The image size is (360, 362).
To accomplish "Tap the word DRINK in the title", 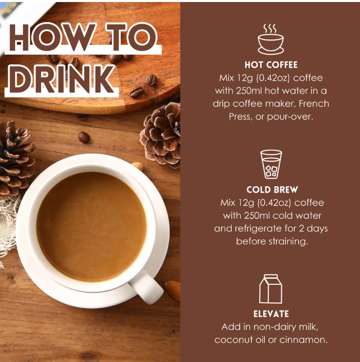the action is pyautogui.click(x=62, y=79).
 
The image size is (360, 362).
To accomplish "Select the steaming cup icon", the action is pyautogui.click(x=271, y=39).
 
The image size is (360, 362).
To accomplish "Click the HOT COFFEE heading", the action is pyautogui.click(x=271, y=65).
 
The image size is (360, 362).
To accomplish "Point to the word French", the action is pyautogui.click(x=314, y=103).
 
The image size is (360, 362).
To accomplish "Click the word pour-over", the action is pyautogui.click(x=290, y=117).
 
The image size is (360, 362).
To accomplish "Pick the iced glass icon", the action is pyautogui.click(x=271, y=164).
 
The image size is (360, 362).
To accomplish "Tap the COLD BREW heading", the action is pyautogui.click(x=272, y=190).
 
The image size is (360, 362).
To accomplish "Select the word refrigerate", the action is pyautogui.click(x=258, y=228).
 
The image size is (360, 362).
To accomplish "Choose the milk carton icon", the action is pyautogui.click(x=271, y=289).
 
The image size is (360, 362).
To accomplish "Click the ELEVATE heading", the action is pyautogui.click(x=271, y=314).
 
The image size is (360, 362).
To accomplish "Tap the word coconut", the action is pyautogui.click(x=234, y=340).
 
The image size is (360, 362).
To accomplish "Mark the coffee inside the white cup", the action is pyautogui.click(x=92, y=226).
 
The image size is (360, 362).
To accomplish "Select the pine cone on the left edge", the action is pyautogui.click(x=16, y=159).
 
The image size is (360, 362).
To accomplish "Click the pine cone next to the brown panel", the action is pyautogui.click(x=161, y=135).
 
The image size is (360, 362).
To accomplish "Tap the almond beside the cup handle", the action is pyautogui.click(x=173, y=290).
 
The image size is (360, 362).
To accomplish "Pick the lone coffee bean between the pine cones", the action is pyautogui.click(x=84, y=138).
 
